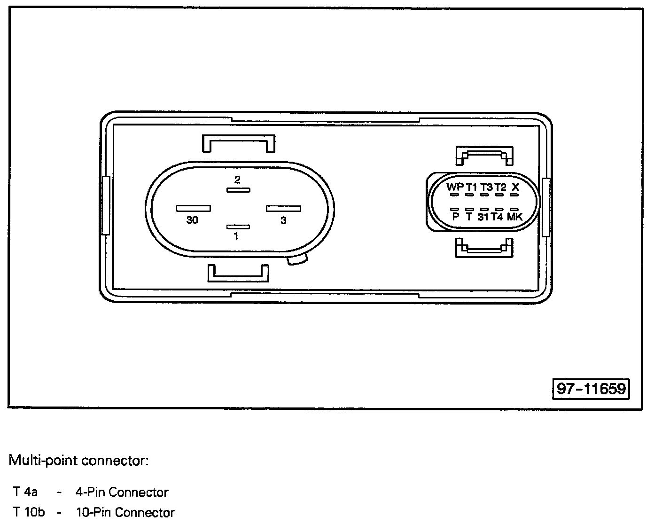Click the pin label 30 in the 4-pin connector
192,220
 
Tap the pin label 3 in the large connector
283,220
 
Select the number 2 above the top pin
237,180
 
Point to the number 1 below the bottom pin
236,236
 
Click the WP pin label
455,187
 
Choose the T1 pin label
472,187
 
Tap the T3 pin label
486,187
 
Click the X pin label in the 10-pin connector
515,187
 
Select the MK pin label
515,217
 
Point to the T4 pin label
497,217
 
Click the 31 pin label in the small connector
483,217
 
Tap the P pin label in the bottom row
455,217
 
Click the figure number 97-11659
591,389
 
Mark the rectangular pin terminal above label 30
193,208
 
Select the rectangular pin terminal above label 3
283,208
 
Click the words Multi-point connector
79,460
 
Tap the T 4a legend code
26,492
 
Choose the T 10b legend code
29,512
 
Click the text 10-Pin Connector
125,512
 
